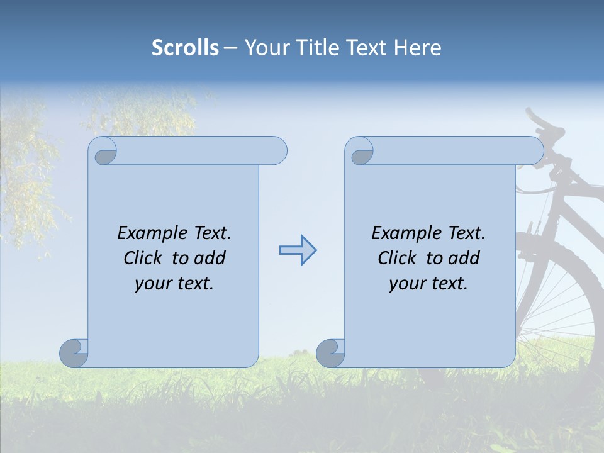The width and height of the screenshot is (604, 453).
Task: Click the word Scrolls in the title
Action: pos(185,47)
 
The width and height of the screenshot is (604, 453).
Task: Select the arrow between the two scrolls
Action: pos(298,250)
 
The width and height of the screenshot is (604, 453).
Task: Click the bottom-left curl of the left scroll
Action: pos(74,353)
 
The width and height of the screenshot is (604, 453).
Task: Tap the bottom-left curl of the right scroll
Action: pos(330,353)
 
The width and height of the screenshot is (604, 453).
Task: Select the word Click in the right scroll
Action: pos(397,258)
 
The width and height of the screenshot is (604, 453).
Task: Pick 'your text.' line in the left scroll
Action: pos(174,283)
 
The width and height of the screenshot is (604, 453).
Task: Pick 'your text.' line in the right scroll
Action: pos(428,283)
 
